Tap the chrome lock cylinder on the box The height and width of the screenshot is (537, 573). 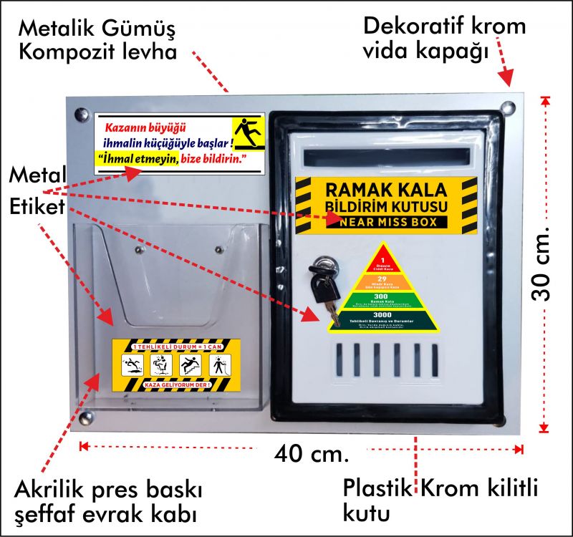[325, 266]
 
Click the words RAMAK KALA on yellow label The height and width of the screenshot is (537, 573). [385, 190]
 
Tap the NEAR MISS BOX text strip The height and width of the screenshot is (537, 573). [387, 223]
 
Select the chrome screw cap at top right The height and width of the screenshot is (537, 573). [508, 108]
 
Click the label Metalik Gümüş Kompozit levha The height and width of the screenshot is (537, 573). [97, 42]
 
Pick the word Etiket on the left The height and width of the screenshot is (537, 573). [37, 207]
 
